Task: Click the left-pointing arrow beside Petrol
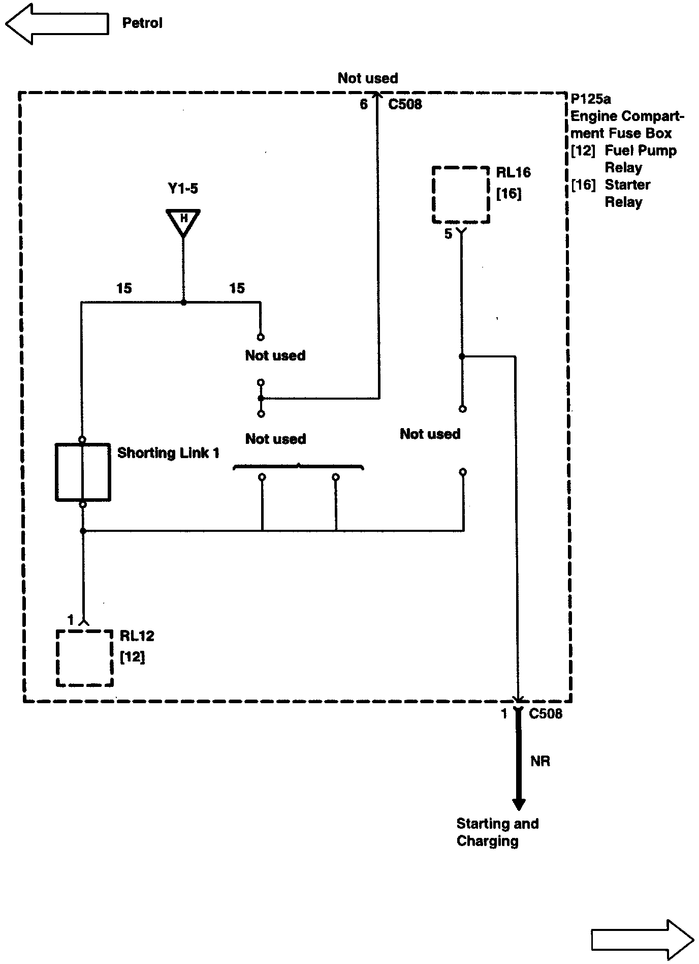pos(56,24)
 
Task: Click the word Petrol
pos(142,23)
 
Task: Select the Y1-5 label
pos(183,189)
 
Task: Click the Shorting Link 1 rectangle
pos(83,472)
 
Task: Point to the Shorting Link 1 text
pos(168,453)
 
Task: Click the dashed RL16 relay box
pos(461,195)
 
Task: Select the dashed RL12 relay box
pos(84,658)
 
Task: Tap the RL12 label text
pos(137,636)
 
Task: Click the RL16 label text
pos(513,173)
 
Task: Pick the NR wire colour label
pos(540,761)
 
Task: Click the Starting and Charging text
pos(497,832)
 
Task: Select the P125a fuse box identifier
pos(590,99)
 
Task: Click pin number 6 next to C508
pos(364,104)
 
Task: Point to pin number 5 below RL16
pos(448,234)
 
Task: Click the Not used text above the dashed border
pos(368,78)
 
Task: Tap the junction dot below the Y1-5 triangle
pos(183,302)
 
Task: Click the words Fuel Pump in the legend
pos(641,151)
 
